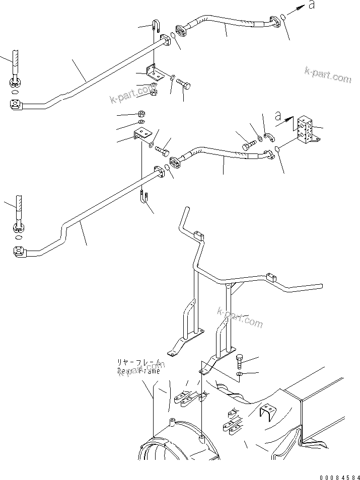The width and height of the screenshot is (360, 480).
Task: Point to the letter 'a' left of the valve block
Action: point(278,115)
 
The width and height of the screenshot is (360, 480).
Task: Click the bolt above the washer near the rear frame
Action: point(240,361)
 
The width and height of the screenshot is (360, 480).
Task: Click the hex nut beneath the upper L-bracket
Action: point(156,92)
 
